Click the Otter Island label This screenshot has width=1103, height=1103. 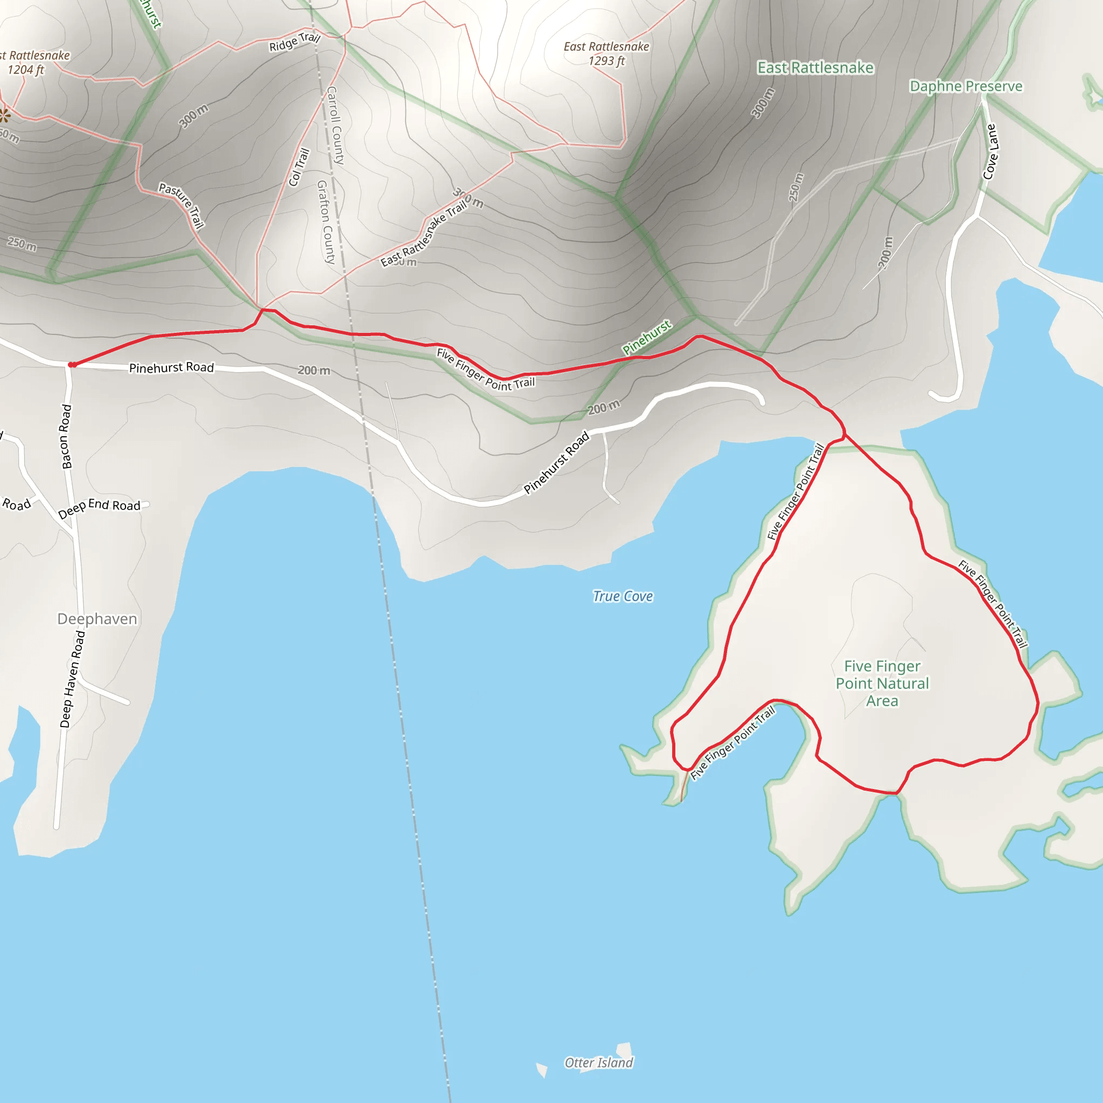point(598,1063)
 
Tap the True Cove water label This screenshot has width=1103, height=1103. point(622,596)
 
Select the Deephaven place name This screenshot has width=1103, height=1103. point(97,619)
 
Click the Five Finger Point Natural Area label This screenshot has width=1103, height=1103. point(882,683)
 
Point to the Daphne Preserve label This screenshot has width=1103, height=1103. point(966,86)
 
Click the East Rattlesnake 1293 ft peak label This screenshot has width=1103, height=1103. point(606,54)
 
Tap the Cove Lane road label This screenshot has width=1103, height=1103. point(990,151)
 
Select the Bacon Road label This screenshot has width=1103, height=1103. point(66,437)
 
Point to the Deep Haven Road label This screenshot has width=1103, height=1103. point(73,679)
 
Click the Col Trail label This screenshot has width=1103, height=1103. point(298,167)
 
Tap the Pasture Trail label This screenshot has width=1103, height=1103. point(181,205)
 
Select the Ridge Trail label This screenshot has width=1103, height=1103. point(295,41)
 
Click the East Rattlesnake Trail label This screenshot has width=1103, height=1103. point(424,234)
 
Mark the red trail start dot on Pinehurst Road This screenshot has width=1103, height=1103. point(72,365)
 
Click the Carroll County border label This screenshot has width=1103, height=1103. point(335,125)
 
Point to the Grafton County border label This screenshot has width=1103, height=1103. point(326,222)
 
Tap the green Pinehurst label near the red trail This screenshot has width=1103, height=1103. point(647,337)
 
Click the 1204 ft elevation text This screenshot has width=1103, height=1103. point(26,69)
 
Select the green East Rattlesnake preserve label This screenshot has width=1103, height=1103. point(815,68)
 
